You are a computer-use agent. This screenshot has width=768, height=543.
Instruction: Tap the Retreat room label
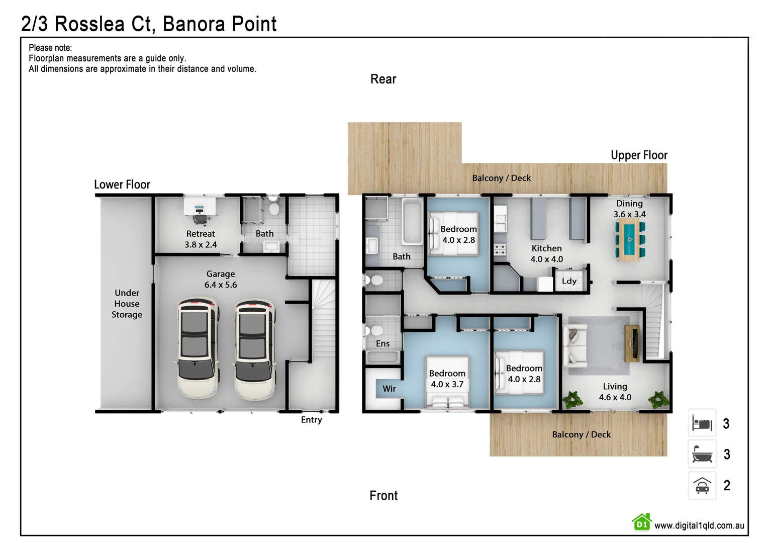tap(201, 234)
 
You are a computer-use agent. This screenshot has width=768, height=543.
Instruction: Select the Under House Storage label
tap(127, 304)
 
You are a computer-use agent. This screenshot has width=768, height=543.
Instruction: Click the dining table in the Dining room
tap(630, 240)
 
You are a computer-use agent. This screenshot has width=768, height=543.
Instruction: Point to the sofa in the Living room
tap(574, 345)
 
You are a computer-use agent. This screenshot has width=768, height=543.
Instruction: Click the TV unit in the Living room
tap(632, 343)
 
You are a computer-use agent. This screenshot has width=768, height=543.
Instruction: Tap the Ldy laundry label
tap(569, 281)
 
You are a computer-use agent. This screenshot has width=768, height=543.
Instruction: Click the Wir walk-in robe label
tap(389, 389)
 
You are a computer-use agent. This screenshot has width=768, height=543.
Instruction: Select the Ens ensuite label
tap(382, 343)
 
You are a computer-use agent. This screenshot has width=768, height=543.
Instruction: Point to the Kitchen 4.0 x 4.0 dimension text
tap(547, 259)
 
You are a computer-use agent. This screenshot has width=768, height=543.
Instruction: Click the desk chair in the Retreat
tap(200, 219)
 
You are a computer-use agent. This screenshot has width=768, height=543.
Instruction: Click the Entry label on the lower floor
tap(311, 420)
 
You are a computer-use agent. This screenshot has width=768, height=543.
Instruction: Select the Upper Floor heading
tap(639, 155)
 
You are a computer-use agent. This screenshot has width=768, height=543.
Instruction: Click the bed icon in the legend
tap(702, 423)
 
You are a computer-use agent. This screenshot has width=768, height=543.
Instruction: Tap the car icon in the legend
tap(702, 486)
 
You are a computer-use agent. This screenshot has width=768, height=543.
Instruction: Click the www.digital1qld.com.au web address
tap(699, 526)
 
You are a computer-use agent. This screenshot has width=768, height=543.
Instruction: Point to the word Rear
tap(383, 79)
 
